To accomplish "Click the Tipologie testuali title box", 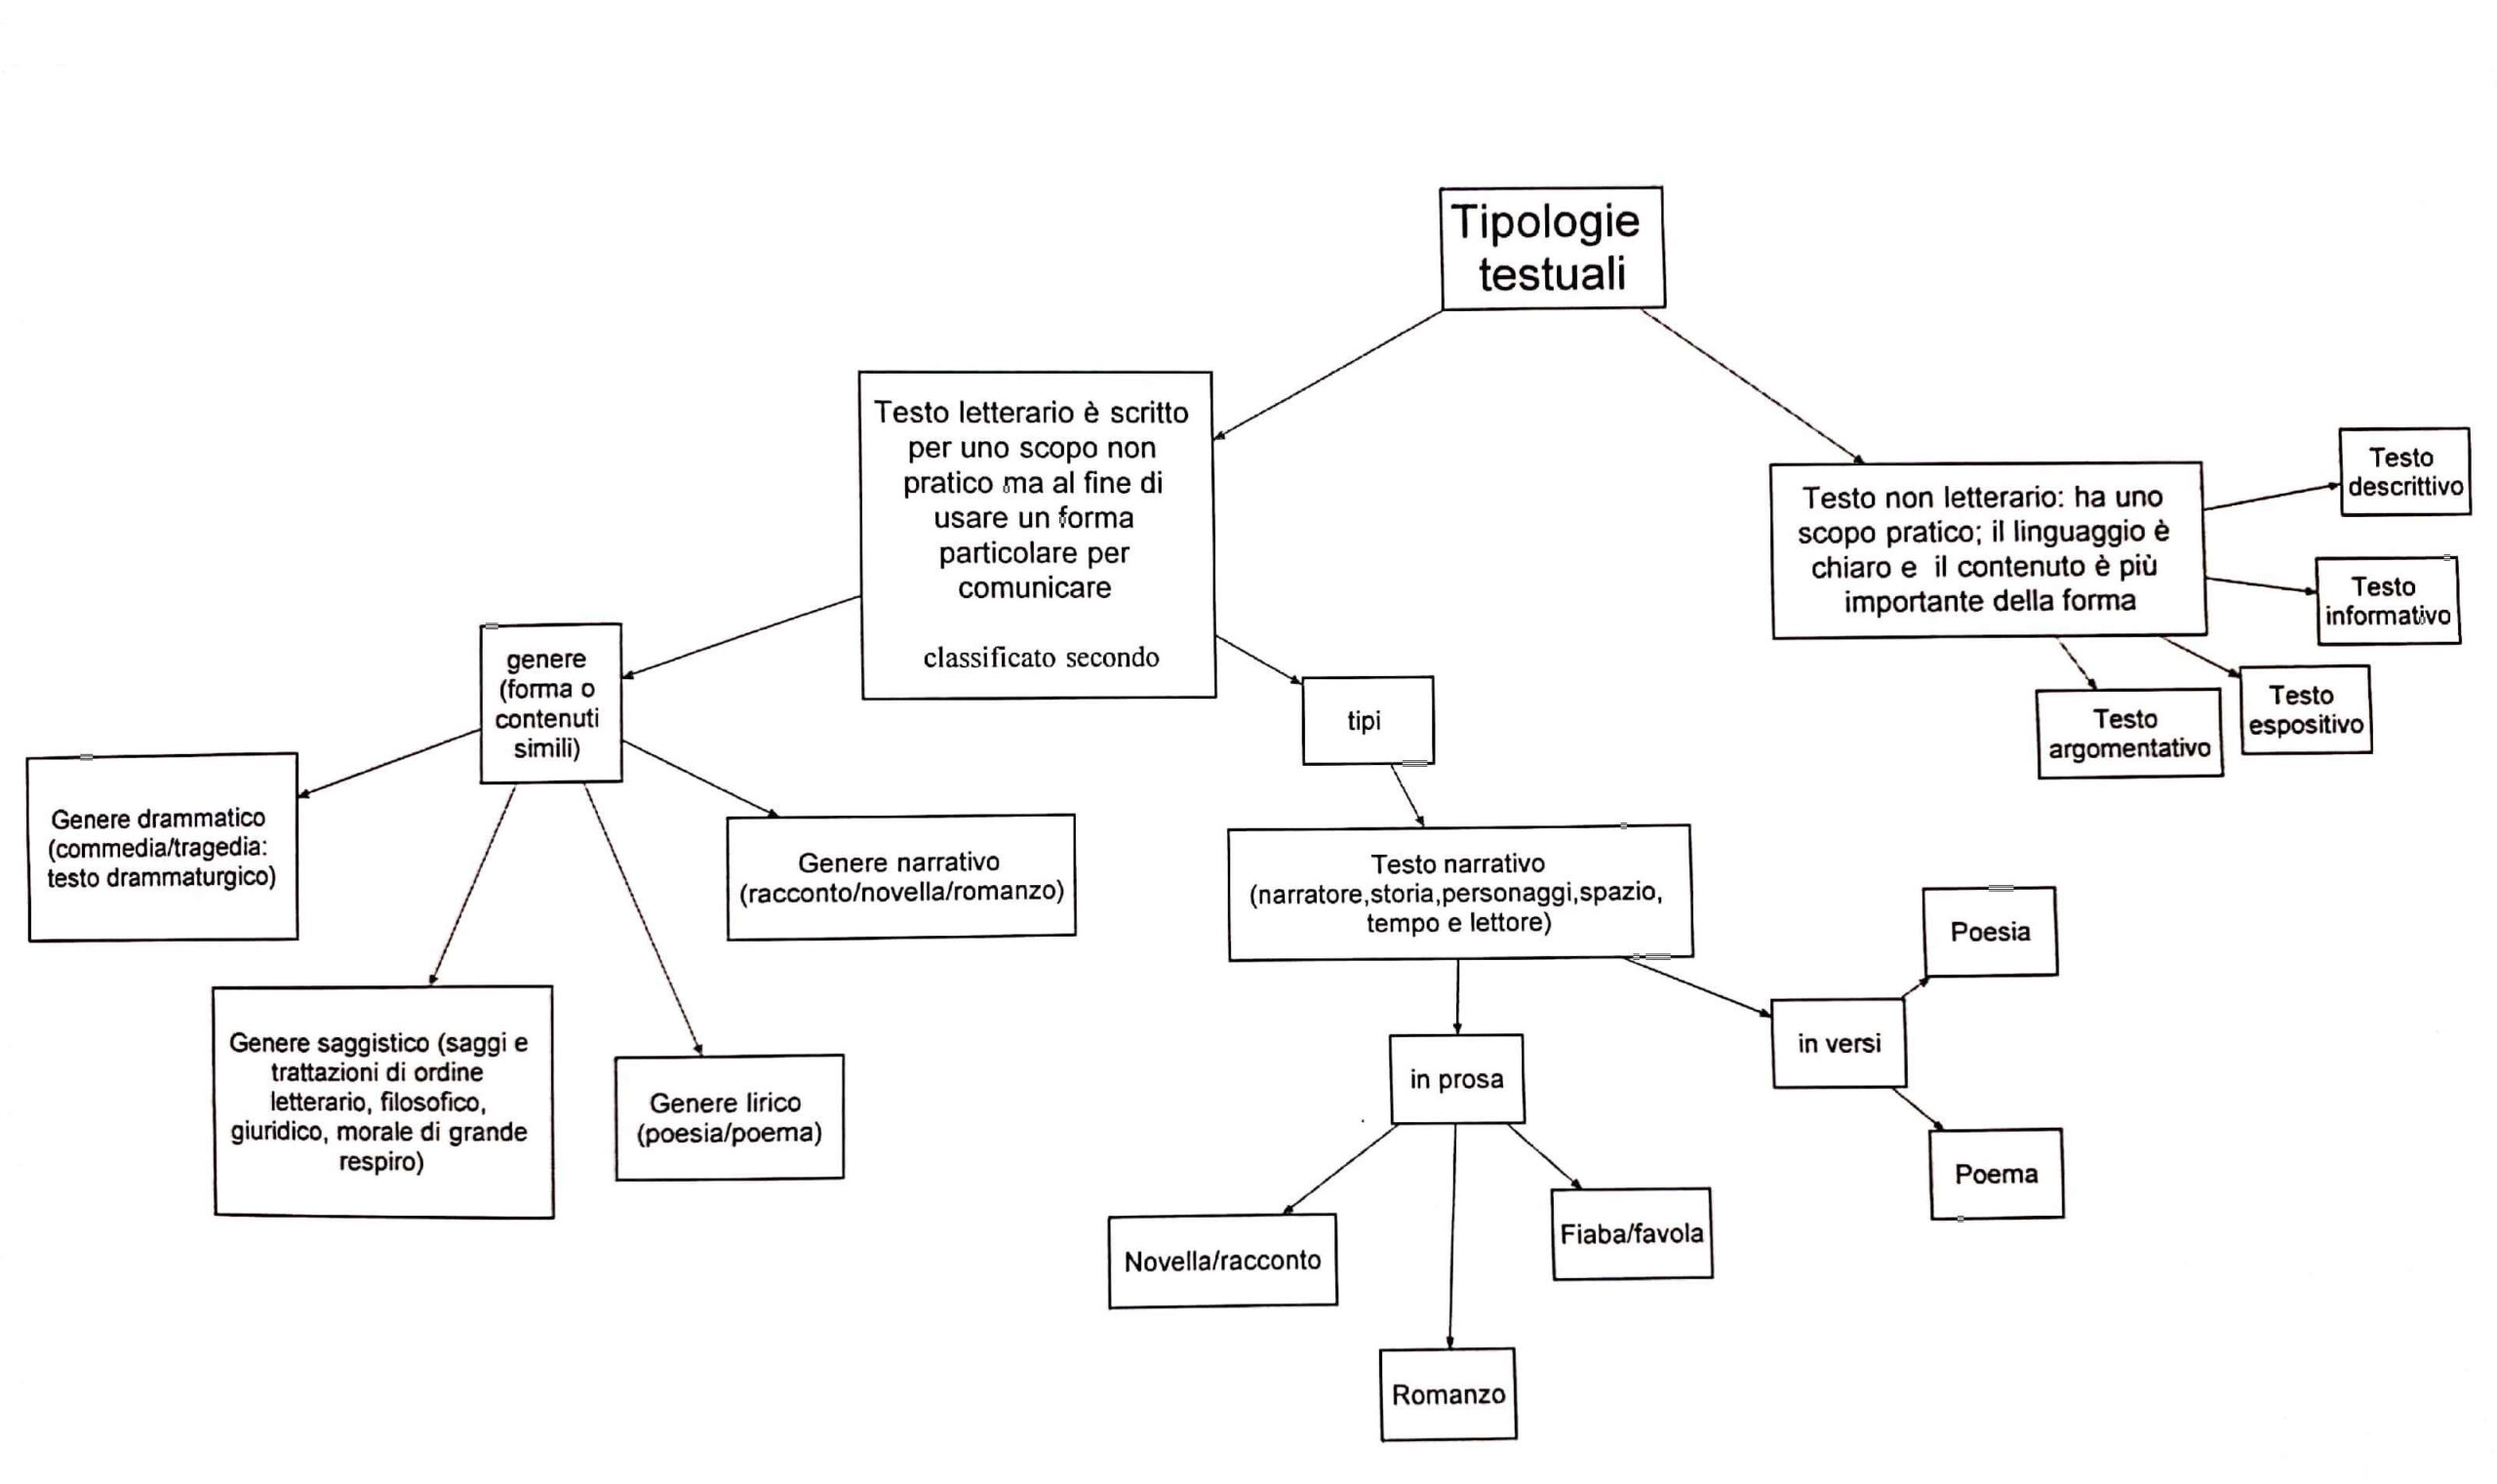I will [x=1552, y=247].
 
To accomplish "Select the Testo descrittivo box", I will [x=2404, y=472].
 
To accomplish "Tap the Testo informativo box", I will [x=2387, y=601].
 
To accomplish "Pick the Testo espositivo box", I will [x=2305, y=710].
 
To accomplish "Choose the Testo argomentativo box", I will [x=2129, y=733].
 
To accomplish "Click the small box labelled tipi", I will [x=1367, y=721].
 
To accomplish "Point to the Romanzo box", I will [x=1447, y=1395].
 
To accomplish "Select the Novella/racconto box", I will [x=1221, y=1261].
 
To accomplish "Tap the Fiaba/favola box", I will [x=1632, y=1234].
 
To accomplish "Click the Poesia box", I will [x=1989, y=932].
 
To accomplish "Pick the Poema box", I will [x=1997, y=1174].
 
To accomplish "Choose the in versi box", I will [x=1839, y=1044].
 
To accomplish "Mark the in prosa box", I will [x=1456, y=1080].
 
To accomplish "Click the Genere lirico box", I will [x=729, y=1118].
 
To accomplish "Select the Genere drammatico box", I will [x=162, y=848].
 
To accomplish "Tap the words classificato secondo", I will [x=1041, y=658].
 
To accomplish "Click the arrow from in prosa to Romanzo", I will [x=1452, y=1236].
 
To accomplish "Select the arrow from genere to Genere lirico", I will [x=642, y=919].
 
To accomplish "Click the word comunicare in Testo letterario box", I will [x=1035, y=588].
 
